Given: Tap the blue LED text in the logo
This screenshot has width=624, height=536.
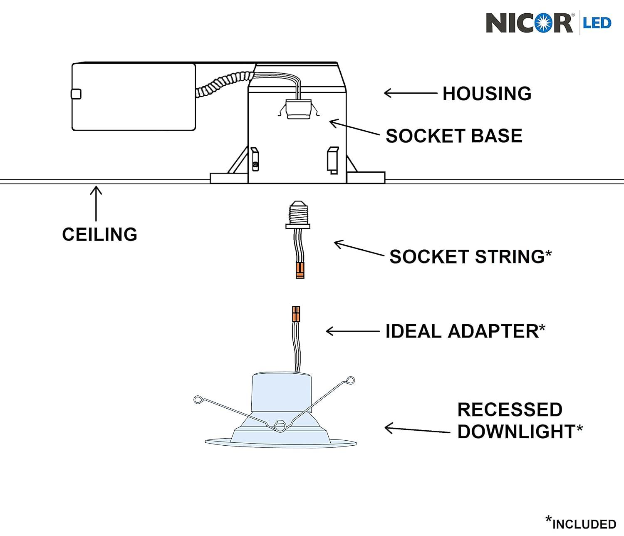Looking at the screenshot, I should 597,23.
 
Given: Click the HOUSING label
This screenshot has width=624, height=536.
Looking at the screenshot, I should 487,94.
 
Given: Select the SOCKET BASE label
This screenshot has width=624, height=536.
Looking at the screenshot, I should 454,136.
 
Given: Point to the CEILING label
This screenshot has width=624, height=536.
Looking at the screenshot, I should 99,235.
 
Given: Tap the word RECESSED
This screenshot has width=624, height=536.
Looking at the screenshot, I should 510,410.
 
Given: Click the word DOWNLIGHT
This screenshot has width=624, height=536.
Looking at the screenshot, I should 516,432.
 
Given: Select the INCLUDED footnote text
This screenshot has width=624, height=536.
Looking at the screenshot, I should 584,524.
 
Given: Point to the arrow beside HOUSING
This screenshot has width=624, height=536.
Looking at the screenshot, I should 410,93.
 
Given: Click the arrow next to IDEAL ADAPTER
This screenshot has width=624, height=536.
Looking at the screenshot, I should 353,331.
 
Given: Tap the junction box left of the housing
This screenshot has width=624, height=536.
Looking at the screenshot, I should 134,97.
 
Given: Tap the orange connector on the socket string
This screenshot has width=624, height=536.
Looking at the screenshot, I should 300,270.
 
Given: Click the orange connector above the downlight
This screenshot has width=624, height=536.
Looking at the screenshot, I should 296,314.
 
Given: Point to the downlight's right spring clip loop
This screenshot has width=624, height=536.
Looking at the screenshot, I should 350,380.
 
